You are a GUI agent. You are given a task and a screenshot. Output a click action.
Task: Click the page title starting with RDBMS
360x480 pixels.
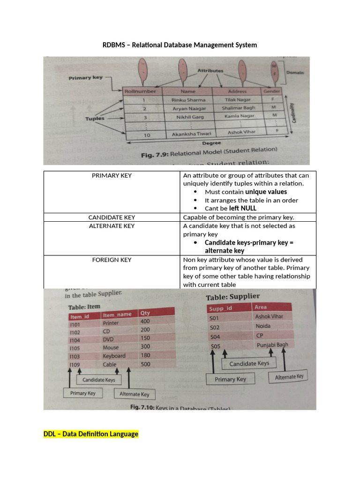click(x=180, y=45)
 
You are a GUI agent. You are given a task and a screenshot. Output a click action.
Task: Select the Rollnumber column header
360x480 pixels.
click(x=140, y=91)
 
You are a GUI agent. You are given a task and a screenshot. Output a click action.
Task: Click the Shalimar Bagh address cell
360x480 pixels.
click(x=239, y=108)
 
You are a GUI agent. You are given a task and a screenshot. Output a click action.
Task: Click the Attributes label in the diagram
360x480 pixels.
click(x=210, y=71)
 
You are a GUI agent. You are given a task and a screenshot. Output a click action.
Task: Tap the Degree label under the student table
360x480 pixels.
click(x=211, y=143)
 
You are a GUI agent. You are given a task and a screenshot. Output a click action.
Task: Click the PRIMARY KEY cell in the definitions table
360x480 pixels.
click(x=112, y=175)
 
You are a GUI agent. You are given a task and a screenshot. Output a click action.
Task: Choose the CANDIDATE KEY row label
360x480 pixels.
click(x=112, y=217)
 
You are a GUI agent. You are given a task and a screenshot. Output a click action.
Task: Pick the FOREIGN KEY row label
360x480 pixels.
click(x=112, y=260)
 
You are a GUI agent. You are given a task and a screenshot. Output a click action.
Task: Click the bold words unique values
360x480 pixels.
click(x=266, y=192)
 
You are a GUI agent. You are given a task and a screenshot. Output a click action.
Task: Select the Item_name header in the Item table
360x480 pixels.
click(x=117, y=315)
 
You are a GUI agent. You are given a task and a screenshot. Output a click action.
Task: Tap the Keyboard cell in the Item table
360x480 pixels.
click(x=114, y=356)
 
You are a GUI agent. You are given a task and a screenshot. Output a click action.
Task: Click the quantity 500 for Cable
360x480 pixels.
click(x=145, y=364)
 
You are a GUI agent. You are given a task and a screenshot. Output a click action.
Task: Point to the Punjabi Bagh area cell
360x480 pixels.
click(x=271, y=345)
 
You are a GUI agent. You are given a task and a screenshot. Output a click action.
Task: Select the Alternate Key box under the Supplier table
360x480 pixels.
click(x=289, y=377)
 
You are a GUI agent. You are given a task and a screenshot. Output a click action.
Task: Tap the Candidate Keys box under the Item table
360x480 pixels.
click(x=98, y=380)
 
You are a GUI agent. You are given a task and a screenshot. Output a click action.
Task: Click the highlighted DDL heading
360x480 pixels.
click(x=91, y=434)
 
